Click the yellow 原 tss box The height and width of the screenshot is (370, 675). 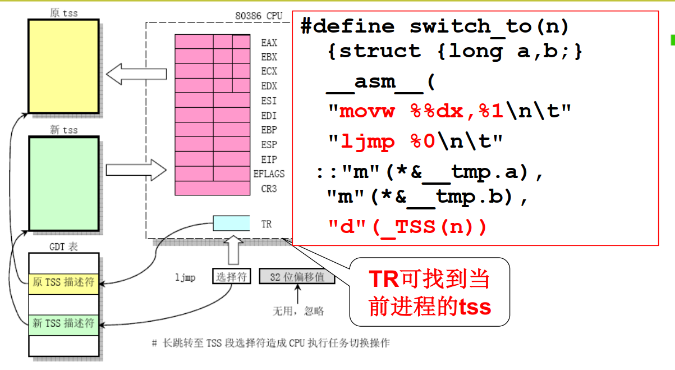click(x=63, y=66)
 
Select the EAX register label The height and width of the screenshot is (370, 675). click(x=269, y=42)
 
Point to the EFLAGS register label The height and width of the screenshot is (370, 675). click(x=269, y=174)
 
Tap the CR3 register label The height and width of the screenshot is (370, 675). click(x=269, y=189)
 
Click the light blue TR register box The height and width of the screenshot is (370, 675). click(x=231, y=223)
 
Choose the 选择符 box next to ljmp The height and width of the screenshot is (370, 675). click(x=231, y=277)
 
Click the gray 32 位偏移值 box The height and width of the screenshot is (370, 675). click(x=297, y=277)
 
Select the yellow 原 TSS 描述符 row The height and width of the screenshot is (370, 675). click(x=63, y=282)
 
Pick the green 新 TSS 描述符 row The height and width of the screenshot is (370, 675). click(x=63, y=323)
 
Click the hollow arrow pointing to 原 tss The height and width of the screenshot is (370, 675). click(x=136, y=73)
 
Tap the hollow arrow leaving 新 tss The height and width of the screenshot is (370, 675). click(x=136, y=169)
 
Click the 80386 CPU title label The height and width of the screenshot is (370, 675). click(x=261, y=16)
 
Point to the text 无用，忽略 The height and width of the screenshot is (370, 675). click(x=297, y=311)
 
